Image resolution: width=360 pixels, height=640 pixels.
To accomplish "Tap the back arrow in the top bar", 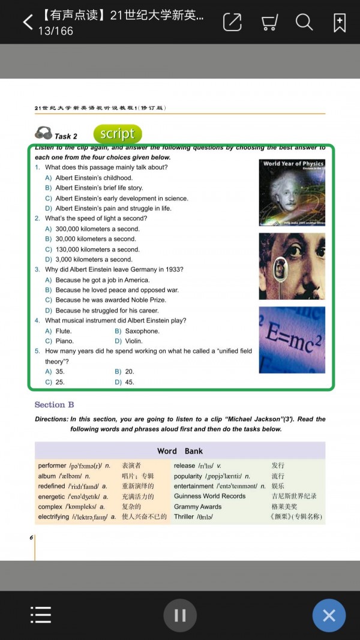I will click(x=28, y=23).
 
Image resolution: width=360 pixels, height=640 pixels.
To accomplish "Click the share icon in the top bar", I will click(x=232, y=22).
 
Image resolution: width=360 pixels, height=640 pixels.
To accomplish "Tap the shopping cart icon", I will click(x=269, y=23).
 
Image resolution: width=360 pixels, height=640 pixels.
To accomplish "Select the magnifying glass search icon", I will click(x=304, y=22).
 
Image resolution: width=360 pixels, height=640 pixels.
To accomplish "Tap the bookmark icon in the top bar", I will click(x=340, y=23).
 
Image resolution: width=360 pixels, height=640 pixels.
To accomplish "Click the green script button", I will click(x=118, y=134).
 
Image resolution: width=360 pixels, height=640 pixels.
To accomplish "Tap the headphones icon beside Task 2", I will click(x=43, y=133).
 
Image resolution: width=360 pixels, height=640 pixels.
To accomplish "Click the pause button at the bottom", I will click(x=180, y=615).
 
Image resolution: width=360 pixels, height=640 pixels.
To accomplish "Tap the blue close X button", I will click(x=329, y=615).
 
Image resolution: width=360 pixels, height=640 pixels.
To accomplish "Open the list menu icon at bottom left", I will click(x=41, y=615).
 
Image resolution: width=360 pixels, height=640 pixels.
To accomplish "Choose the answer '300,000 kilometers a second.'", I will click(x=97, y=229).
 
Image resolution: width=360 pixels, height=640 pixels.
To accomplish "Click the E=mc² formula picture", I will click(x=292, y=339).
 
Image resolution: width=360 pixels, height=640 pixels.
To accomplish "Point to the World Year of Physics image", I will click(x=292, y=192).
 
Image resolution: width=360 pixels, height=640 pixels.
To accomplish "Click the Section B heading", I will click(x=55, y=405).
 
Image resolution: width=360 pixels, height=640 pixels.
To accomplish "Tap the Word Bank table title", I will click(x=180, y=451).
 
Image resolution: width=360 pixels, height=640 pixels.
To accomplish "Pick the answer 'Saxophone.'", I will click(x=142, y=331).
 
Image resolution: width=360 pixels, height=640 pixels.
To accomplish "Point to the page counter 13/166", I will click(x=56, y=31).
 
